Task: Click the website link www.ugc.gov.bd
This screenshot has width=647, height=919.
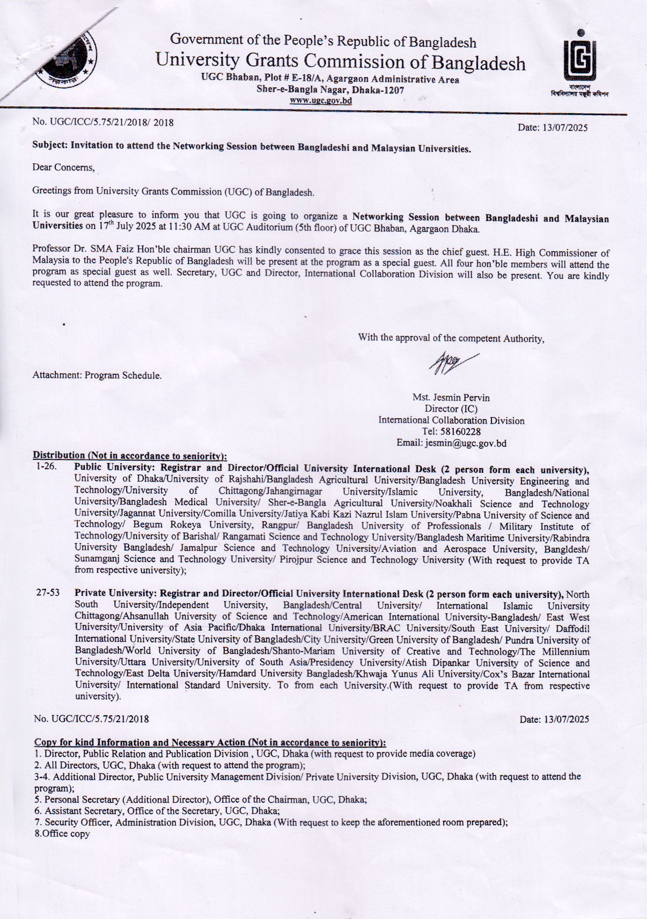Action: pyautogui.click(x=321, y=100)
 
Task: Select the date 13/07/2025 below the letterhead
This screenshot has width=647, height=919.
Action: pyautogui.click(x=553, y=128)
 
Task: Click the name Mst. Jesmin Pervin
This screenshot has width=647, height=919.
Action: pyautogui.click(x=451, y=397)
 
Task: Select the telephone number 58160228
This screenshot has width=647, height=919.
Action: pyautogui.click(x=451, y=432)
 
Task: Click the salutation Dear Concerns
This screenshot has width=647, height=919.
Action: pyautogui.click(x=63, y=167)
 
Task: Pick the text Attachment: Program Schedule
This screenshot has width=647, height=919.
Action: pyautogui.click(x=97, y=375)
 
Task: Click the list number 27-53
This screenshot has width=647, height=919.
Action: pyautogui.click(x=48, y=593)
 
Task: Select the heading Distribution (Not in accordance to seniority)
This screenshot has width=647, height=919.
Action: pyautogui.click(x=130, y=456)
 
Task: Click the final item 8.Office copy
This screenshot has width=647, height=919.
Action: pyautogui.click(x=62, y=834)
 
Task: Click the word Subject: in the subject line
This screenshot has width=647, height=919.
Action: pyautogui.click(x=50, y=145)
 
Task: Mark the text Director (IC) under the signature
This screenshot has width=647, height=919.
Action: pyautogui.click(x=451, y=409)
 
